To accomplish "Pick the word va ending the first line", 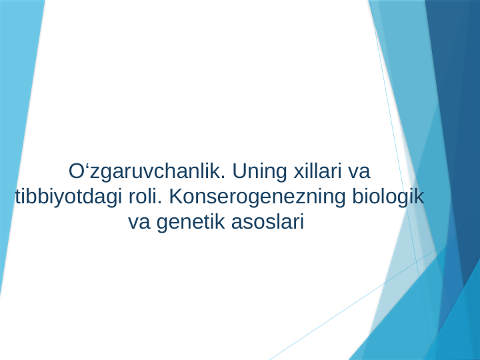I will tap(359, 171).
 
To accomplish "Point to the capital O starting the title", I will tap(75, 171).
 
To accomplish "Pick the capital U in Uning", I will tap(239, 171).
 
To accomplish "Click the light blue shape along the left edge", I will tap(17, 100).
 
